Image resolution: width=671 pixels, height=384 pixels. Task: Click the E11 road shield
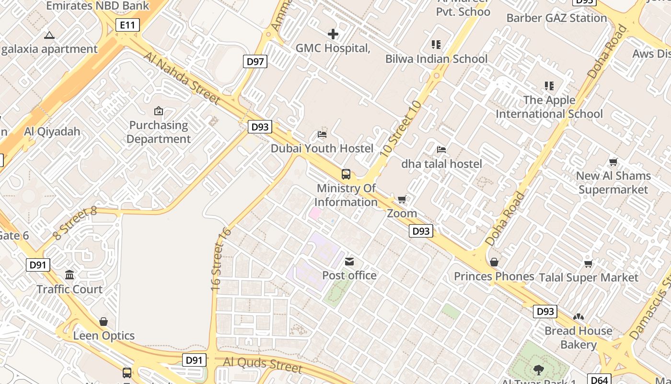click(x=127, y=25)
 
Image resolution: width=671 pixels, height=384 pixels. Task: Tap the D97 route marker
click(x=255, y=61)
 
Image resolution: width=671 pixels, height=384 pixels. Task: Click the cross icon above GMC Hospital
click(x=333, y=34)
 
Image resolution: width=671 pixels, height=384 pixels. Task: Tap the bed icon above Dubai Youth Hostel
click(x=322, y=134)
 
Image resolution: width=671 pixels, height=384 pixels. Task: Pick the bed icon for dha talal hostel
click(x=441, y=150)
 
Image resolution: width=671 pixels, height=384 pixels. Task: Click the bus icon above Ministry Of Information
click(x=346, y=174)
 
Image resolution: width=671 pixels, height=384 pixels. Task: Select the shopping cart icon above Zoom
click(x=402, y=199)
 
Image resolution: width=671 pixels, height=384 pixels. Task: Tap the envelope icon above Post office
click(x=349, y=262)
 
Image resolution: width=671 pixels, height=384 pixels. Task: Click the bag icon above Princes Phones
click(x=494, y=262)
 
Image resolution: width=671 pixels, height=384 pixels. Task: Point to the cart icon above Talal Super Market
click(x=588, y=264)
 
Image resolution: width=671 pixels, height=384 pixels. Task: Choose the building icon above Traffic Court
click(x=69, y=275)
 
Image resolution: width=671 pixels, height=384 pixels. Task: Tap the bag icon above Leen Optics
click(x=104, y=322)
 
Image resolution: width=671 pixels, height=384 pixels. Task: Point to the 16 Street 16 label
click(x=221, y=259)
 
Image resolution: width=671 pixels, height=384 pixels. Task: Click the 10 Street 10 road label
click(x=401, y=129)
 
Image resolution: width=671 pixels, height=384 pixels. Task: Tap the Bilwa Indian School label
click(x=436, y=59)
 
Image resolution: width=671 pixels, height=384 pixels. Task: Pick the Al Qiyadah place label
click(x=52, y=132)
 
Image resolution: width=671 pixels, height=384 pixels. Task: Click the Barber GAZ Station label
click(x=556, y=18)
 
